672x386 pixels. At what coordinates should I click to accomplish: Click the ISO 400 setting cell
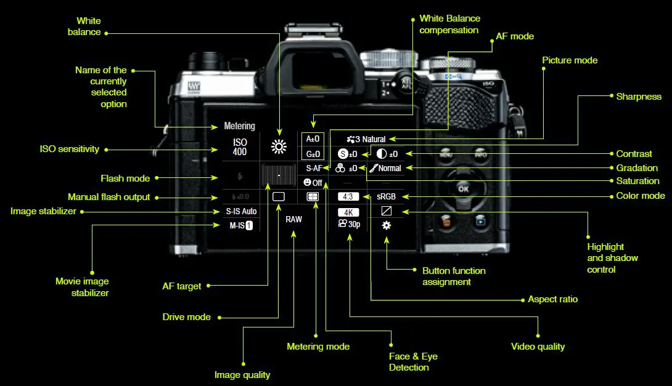coord(240,147)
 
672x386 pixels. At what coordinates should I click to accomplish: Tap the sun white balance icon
coord(279,146)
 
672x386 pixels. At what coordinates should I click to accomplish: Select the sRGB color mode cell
coord(386,197)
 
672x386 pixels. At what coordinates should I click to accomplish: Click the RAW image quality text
coord(293,219)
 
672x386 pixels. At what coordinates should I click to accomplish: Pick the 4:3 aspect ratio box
coord(348,197)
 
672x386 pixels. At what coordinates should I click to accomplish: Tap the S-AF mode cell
coord(314,168)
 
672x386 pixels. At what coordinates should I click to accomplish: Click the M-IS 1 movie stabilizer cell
coord(241,225)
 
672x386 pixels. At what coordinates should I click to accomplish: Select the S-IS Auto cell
coord(240,211)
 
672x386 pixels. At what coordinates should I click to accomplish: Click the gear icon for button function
coord(386,225)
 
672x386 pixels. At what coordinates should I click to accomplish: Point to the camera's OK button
coord(463,188)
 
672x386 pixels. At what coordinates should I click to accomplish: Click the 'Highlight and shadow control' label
coord(612,258)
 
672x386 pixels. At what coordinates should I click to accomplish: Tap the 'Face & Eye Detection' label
coord(413,362)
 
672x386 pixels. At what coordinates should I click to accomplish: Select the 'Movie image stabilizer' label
coord(81,287)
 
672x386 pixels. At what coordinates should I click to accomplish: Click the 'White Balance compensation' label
coord(449,24)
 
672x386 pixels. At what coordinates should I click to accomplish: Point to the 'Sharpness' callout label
coord(638,97)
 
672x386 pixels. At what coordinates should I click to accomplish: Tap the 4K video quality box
coord(348,212)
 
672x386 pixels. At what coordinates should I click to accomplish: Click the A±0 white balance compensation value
coord(313,139)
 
